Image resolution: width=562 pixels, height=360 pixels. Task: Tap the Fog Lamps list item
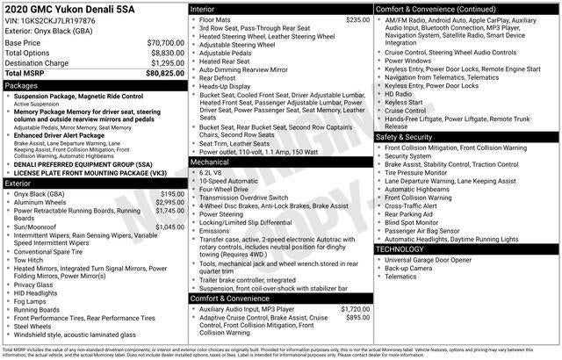[x=31, y=301]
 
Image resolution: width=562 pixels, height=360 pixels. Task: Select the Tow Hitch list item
[x=30, y=260]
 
